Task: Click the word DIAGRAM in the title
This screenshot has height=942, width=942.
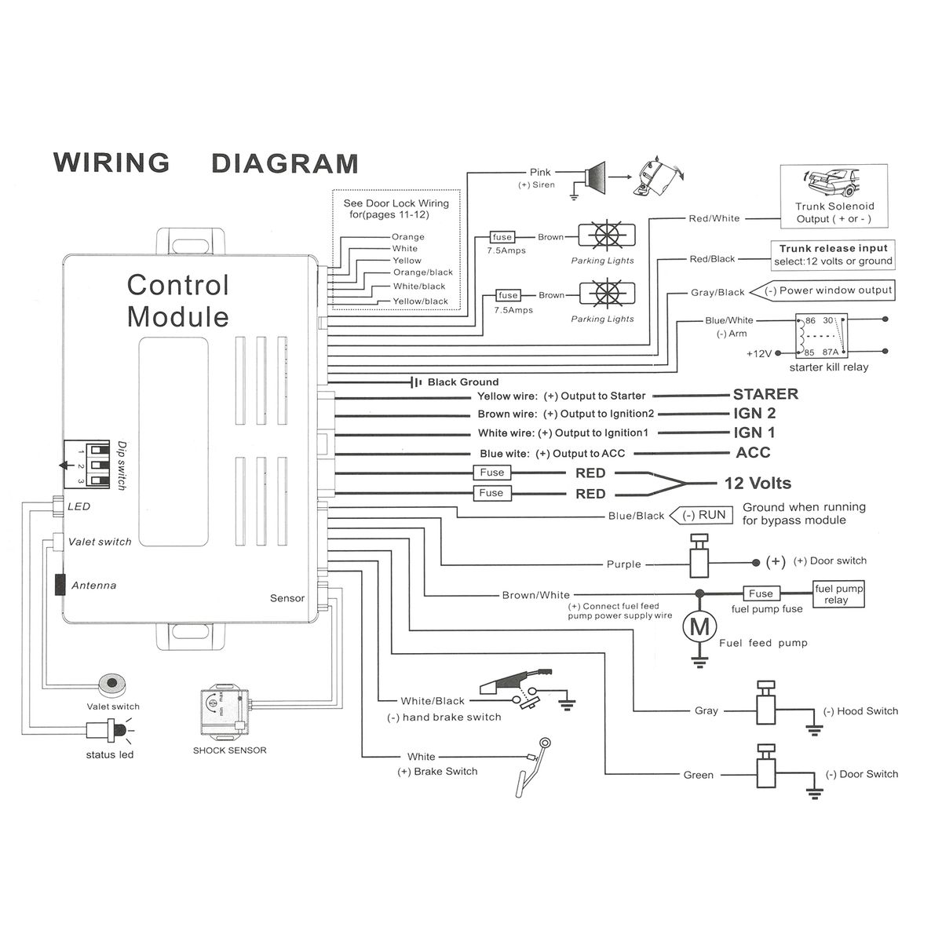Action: (285, 162)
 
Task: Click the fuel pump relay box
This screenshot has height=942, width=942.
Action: (838, 594)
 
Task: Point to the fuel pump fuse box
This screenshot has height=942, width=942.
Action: (760, 593)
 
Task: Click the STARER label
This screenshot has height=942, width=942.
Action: (765, 394)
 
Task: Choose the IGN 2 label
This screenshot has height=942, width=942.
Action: (754, 413)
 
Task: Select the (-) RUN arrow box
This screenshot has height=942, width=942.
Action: (701, 515)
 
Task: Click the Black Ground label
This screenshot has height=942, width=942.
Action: (462, 382)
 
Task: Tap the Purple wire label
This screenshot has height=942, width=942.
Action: (623, 564)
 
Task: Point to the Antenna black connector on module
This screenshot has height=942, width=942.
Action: (60, 585)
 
